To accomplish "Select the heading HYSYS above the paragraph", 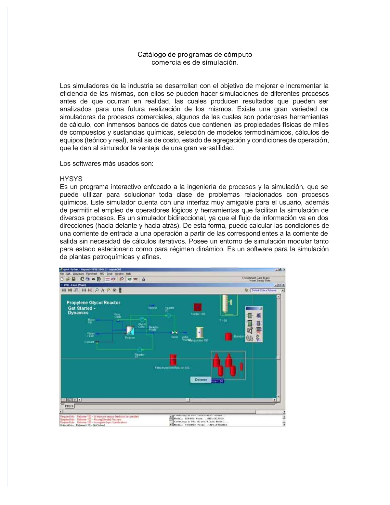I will coord(71,179).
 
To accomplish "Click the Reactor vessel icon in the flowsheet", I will coord(130,331).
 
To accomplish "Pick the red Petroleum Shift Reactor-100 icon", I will coord(173,360).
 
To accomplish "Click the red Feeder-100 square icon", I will coord(198,307).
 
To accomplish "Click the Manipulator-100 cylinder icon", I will coord(199,332).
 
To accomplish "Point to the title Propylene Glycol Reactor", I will coord(93,303).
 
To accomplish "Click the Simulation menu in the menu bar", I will coord(78,274).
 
